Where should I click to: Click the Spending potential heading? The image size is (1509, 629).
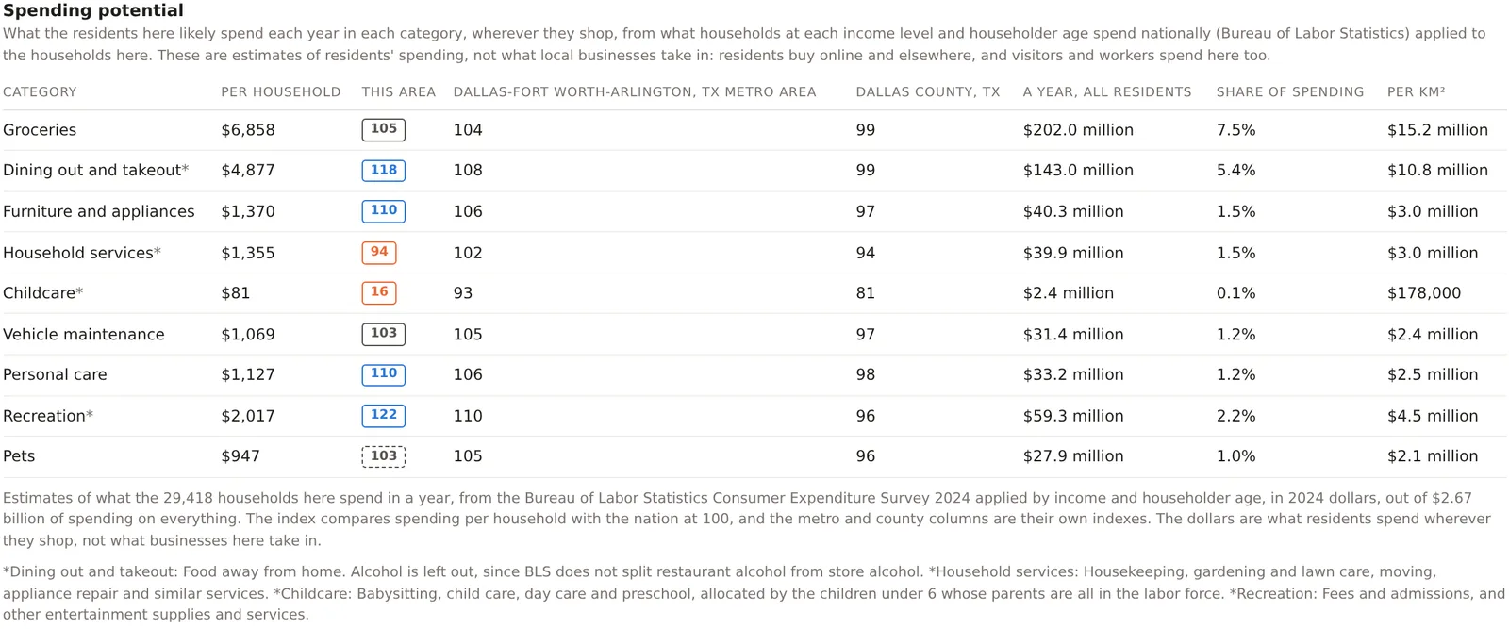click(93, 10)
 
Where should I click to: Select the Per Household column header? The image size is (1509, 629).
click(281, 92)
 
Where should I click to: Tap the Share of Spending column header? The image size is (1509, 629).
click(1290, 92)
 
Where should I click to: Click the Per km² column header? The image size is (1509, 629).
click(1416, 92)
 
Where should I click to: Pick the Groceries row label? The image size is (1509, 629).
click(40, 130)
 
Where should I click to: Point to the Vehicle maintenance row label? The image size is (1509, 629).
click(84, 335)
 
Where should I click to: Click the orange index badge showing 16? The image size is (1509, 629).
click(378, 293)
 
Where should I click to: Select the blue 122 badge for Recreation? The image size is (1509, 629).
click(383, 416)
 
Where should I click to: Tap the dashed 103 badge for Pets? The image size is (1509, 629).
click(383, 455)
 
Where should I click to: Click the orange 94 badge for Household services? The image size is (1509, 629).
click(378, 253)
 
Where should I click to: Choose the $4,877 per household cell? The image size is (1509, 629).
click(248, 171)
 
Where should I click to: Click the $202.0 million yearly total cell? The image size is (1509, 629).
click(1078, 130)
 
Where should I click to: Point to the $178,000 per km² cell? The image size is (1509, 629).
click(1424, 293)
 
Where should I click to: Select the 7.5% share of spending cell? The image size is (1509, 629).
click(1236, 130)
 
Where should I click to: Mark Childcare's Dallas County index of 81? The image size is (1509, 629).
click(866, 293)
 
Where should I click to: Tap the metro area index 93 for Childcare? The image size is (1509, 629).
click(463, 293)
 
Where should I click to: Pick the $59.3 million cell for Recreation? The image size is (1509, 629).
click(1073, 416)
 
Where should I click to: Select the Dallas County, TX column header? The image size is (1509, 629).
click(928, 92)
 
